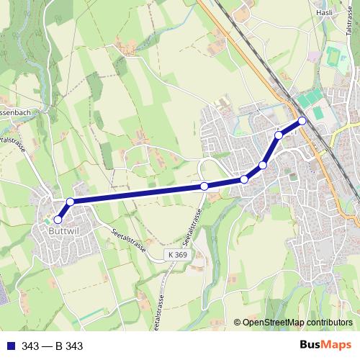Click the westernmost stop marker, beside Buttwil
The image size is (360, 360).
tap(58, 220)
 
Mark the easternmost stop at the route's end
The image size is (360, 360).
tap(302, 121)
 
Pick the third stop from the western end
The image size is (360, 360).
tap(204, 186)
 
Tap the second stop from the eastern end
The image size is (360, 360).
tap(279, 135)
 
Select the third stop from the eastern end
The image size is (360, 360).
tap(263, 166)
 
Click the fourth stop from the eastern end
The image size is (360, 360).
tap(244, 179)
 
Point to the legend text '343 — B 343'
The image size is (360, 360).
tap(52, 346)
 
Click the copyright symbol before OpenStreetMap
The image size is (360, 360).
tap(238, 323)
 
